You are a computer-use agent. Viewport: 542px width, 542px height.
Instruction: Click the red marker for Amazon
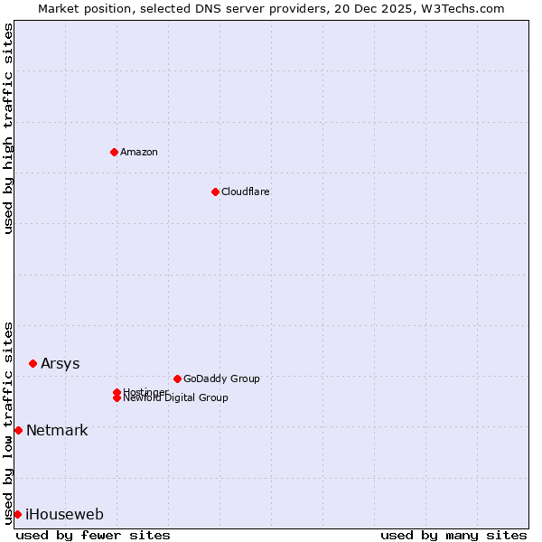pos(114,152)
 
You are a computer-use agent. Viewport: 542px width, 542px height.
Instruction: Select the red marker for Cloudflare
pos(215,192)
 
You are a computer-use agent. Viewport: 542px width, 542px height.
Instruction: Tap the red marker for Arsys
pos(33,363)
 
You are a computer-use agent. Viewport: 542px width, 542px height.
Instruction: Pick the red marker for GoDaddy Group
pos(177,378)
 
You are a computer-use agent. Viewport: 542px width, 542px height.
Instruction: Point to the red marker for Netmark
pos(18,430)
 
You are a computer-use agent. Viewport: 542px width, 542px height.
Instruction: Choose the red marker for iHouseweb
pos(17,514)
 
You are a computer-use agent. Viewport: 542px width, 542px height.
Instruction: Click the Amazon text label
pos(138,152)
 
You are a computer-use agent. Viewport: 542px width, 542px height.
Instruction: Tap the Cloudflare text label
pos(245,192)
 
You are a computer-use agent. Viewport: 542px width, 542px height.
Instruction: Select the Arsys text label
pos(60,363)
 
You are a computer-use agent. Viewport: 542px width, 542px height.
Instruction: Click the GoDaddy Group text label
pos(221,378)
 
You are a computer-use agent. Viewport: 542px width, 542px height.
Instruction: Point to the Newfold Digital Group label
pos(175,398)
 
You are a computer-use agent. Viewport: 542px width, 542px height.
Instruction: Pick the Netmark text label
pos(57,430)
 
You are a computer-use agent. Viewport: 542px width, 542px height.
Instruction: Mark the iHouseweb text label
pos(64,514)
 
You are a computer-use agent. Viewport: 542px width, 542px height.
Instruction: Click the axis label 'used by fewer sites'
pos(93,535)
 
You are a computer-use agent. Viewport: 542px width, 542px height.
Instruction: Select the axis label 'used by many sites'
pos(453,535)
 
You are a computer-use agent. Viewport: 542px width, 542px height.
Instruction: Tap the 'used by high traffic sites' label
pos(9,128)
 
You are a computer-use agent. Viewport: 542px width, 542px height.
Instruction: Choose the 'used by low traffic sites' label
pos(9,422)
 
